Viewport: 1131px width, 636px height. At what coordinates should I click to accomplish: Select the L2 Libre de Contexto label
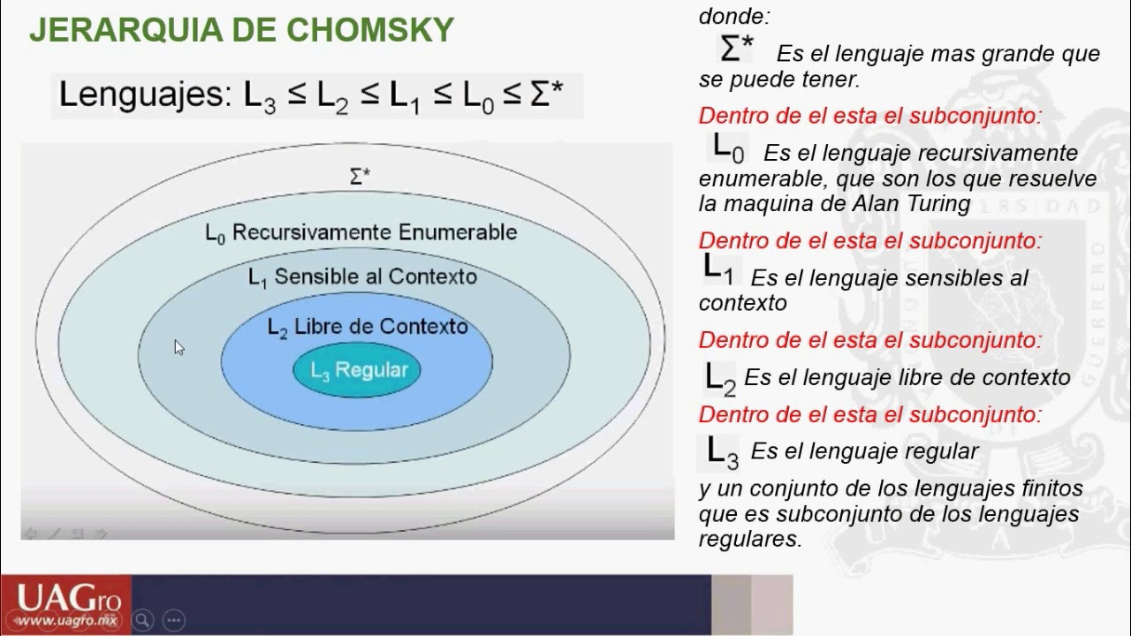point(368,326)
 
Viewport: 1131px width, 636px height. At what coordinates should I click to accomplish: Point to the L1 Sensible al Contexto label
point(362,276)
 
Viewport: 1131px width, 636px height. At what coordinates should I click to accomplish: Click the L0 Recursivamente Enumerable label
point(361,232)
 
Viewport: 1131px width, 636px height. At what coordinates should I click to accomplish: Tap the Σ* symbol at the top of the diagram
point(360,177)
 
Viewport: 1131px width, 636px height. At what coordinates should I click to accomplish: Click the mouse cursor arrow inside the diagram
point(179,347)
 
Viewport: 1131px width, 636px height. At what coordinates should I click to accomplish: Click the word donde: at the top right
point(732,15)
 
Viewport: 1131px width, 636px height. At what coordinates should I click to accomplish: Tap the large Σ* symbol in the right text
point(737,49)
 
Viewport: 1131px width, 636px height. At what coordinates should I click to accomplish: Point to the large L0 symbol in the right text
point(728,148)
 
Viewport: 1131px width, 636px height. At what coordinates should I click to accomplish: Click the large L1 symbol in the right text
point(717,269)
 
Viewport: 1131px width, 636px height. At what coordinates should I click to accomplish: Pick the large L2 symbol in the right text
point(720,378)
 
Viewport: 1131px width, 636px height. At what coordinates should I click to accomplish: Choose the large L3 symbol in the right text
point(722,451)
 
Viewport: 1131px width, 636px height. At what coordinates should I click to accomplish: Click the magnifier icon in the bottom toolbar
point(142,619)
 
